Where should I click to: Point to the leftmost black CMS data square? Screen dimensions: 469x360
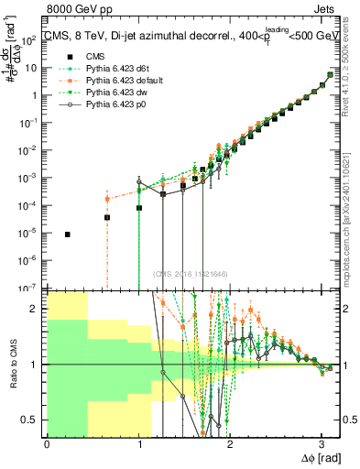(x=68, y=234)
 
